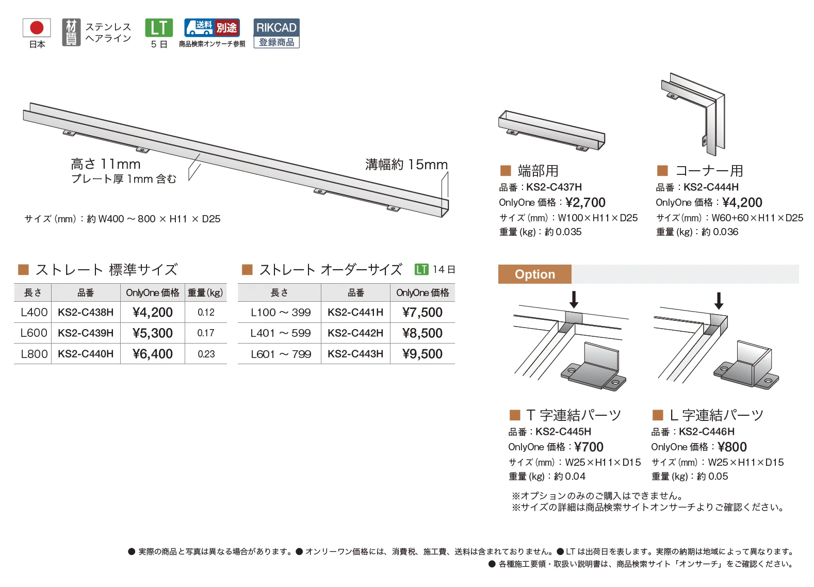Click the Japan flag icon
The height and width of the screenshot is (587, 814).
(37, 28)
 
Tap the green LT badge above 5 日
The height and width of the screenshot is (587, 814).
(159, 28)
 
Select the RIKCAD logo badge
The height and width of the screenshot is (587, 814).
(276, 33)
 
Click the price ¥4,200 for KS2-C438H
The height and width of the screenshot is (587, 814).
(153, 312)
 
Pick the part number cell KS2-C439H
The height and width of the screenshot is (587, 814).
(86, 333)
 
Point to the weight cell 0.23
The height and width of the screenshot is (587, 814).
(206, 354)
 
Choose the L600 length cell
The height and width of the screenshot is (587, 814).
(34, 333)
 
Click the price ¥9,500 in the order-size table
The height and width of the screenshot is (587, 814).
(422, 354)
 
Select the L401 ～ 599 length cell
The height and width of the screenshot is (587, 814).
(281, 333)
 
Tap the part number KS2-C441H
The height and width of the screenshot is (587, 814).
(355, 312)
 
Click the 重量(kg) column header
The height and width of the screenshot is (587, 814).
(205, 292)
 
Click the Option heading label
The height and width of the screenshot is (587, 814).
(534, 274)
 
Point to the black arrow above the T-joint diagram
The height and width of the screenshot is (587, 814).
(574, 300)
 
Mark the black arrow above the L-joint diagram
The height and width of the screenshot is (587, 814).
(719, 301)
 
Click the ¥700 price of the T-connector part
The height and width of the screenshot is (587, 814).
(589, 447)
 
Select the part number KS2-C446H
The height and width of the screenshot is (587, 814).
(706, 431)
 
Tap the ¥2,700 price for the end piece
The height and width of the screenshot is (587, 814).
(585, 202)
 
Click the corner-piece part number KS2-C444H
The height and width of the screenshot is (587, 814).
(711, 187)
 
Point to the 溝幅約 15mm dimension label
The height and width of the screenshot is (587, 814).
(406, 165)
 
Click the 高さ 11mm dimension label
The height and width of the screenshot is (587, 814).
(106, 164)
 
